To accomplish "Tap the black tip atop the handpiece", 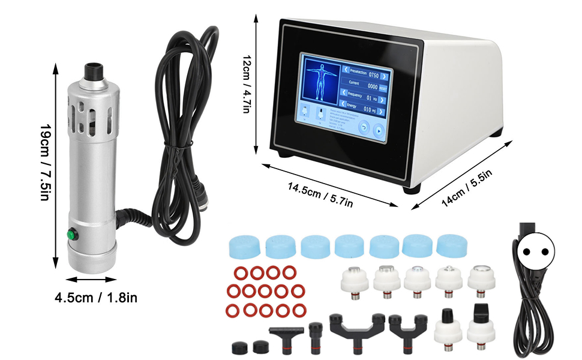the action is pos(92,69).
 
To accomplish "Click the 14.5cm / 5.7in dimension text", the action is pos(320,195).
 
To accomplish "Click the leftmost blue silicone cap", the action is pos(242,244).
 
